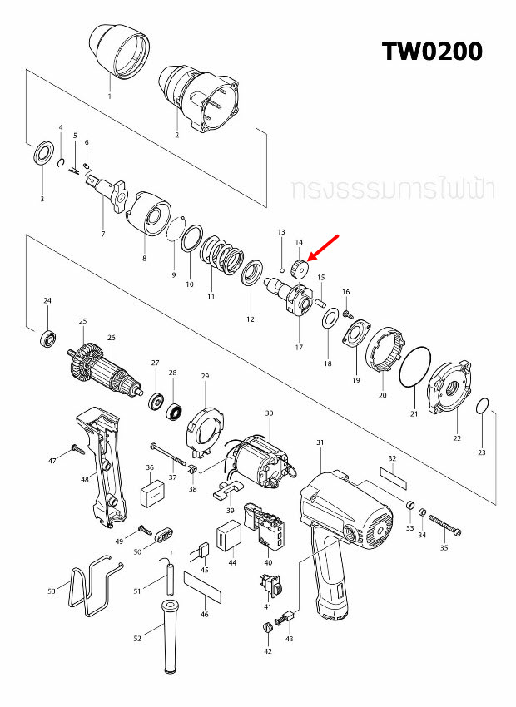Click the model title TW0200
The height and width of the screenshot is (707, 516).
tap(432, 51)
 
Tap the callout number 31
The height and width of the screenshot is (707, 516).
tap(320, 442)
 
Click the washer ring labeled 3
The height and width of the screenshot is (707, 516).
tap(42, 155)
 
